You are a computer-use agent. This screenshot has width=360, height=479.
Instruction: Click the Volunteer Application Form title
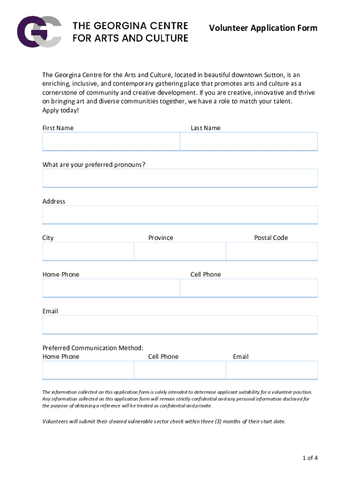pyautogui.click(x=263, y=29)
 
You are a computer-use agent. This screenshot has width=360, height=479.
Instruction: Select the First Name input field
pyautogui.click(x=111, y=141)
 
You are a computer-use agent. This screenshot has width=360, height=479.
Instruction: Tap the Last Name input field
pyautogui.click(x=248, y=141)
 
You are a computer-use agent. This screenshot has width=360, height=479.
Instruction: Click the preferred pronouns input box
pyautogui.click(x=180, y=178)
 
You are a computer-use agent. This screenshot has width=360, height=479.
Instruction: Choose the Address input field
pyautogui.click(x=180, y=215)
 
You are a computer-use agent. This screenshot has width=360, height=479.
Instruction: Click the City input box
pyautogui.click(x=88, y=251)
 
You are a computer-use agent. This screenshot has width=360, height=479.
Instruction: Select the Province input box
pyautogui.click(x=180, y=251)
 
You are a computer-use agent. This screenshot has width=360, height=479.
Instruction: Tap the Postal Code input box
pyautogui.click(x=271, y=251)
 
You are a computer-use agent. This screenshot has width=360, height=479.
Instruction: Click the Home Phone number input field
pyautogui.click(x=111, y=288)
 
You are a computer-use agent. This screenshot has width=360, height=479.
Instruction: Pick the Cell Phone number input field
pyautogui.click(x=248, y=288)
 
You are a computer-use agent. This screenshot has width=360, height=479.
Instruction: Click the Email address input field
pyautogui.click(x=180, y=325)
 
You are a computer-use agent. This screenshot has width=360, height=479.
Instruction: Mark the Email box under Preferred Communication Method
pyautogui.click(x=271, y=370)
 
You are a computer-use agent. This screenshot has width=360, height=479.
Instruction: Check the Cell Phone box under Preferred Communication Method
pyautogui.click(x=180, y=370)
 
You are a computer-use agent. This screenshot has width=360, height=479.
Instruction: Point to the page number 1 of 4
pyautogui.click(x=310, y=458)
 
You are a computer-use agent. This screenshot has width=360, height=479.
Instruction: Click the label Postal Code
pyautogui.click(x=271, y=238)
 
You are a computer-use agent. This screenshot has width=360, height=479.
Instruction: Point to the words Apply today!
pyautogui.click(x=61, y=110)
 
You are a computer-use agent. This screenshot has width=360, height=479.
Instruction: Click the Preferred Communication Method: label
pyautogui.click(x=93, y=348)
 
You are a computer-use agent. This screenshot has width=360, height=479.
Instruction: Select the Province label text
pyautogui.click(x=160, y=238)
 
